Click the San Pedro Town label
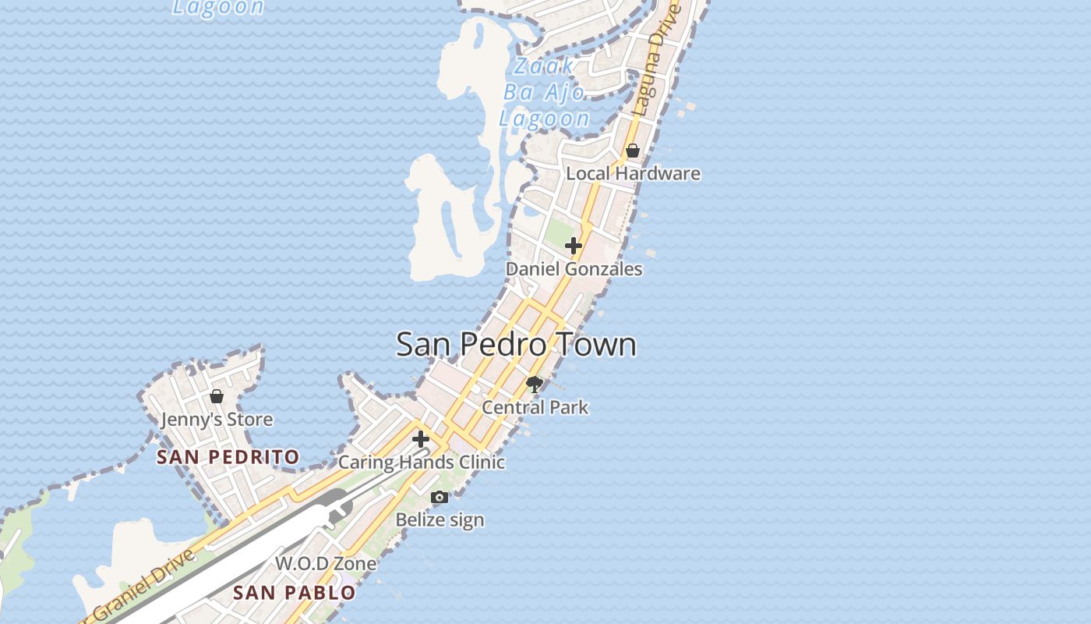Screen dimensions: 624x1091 (516, 345)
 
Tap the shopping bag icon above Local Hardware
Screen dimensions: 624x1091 (633, 151)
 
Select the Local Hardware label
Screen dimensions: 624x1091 (633, 173)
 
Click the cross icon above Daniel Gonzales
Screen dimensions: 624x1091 (573, 246)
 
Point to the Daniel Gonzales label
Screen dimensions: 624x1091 (574, 269)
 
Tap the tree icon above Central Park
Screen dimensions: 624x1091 (534, 384)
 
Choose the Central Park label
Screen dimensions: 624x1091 (535, 407)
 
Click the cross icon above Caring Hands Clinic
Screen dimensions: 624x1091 (421, 439)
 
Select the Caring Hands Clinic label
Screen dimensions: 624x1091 (422, 463)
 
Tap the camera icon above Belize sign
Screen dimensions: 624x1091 (440, 497)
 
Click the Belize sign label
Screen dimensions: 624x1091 (440, 519)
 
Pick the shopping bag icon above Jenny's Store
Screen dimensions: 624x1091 (217, 396)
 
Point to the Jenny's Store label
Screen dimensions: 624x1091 (217, 420)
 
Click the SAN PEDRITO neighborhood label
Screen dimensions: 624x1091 (228, 457)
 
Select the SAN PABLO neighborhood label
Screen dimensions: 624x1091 (295, 593)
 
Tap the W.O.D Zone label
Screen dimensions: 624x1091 (326, 563)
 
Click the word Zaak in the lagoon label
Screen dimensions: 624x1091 (545, 66)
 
